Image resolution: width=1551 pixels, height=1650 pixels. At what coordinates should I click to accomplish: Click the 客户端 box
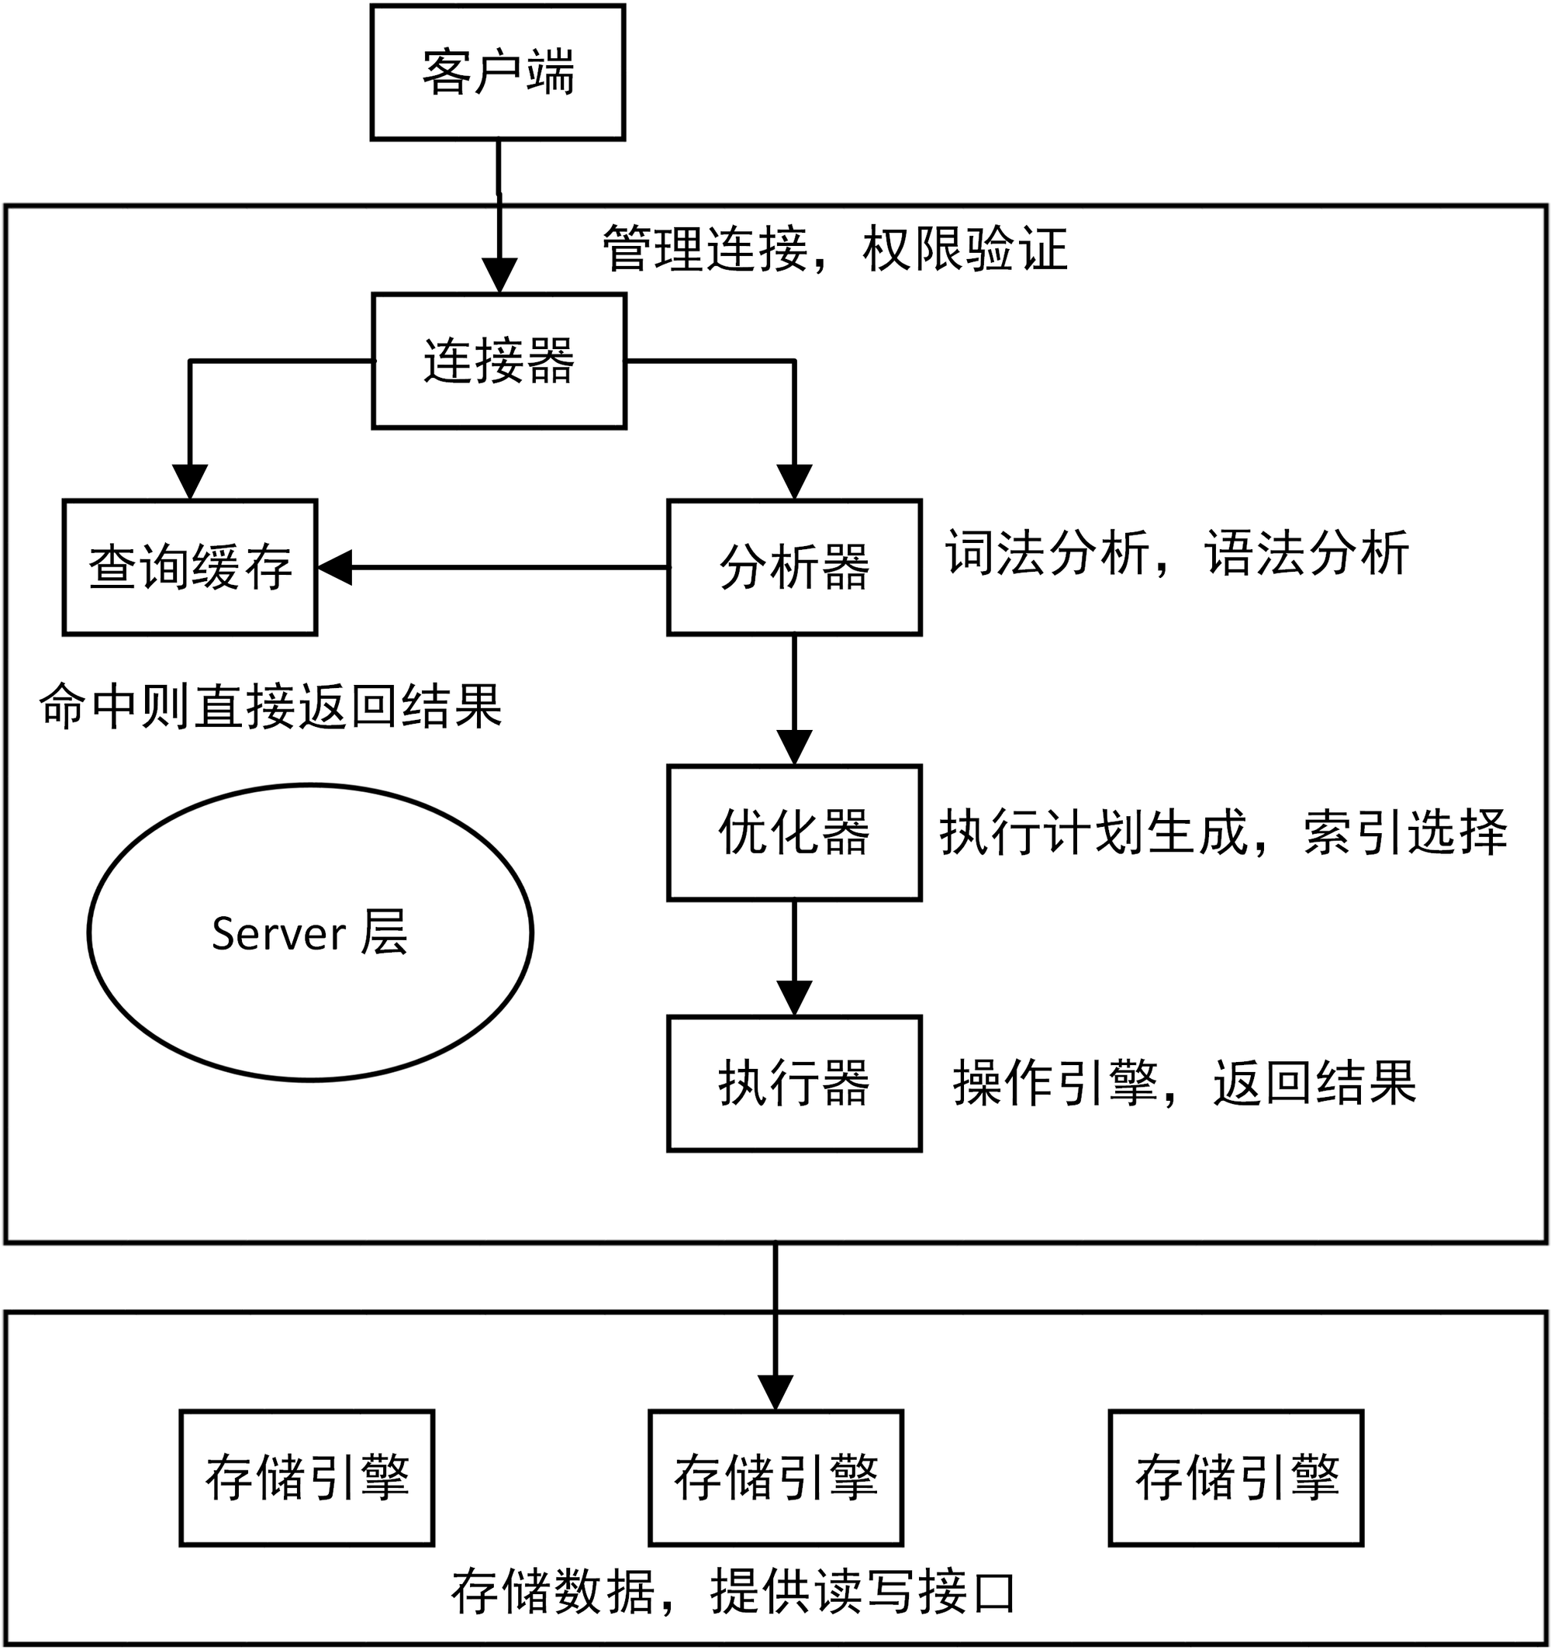497,72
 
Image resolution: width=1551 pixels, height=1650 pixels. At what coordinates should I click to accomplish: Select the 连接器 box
499,360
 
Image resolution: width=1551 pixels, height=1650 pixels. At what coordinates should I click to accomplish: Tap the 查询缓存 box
190,568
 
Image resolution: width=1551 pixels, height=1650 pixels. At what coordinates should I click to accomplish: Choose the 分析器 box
794,568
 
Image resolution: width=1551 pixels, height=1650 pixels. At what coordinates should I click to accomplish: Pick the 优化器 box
794,832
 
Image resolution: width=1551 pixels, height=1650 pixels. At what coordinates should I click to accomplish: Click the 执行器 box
794,1083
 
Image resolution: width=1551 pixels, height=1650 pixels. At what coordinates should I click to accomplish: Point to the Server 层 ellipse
310,932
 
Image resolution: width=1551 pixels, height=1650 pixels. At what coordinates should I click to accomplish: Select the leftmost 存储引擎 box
307,1477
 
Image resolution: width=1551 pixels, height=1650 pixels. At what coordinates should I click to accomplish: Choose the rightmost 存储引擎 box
1236,1477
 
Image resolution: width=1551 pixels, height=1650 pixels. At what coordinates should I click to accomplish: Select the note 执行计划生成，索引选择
1223,832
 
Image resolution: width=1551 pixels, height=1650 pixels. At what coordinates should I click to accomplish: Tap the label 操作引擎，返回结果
1184,1082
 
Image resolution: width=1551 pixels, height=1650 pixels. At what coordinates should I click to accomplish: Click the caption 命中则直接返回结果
271,707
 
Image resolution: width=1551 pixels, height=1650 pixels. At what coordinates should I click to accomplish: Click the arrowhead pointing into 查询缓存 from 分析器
334,568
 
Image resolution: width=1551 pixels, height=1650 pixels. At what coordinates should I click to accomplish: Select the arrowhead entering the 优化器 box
794,748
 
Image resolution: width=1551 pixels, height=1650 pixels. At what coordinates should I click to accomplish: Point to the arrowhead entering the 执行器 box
794,998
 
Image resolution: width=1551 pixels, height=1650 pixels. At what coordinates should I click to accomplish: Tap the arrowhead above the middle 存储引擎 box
775,1392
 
